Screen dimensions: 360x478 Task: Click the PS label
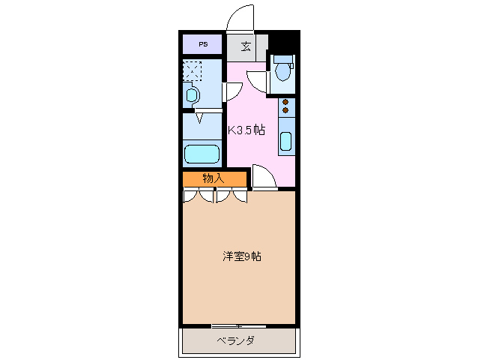point(202,44)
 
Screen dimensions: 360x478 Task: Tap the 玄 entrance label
point(246,46)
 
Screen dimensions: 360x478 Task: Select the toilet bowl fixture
point(283,71)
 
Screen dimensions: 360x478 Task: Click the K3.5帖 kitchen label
point(246,129)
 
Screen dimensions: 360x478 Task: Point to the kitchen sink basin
point(285,140)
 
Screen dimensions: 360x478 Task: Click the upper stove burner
point(285,103)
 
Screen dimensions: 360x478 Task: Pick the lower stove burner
point(285,111)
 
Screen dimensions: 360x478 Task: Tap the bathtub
point(202,155)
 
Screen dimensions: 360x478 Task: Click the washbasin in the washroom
point(193,95)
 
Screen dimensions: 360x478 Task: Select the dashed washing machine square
point(192,71)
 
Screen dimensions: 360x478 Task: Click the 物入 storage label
point(214,178)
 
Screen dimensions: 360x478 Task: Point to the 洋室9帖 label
point(240,256)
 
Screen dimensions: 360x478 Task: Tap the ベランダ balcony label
point(236,341)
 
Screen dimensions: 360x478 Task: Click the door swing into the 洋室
point(263,178)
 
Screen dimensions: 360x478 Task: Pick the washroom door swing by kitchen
point(232,90)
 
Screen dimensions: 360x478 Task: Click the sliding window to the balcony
point(238,325)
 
